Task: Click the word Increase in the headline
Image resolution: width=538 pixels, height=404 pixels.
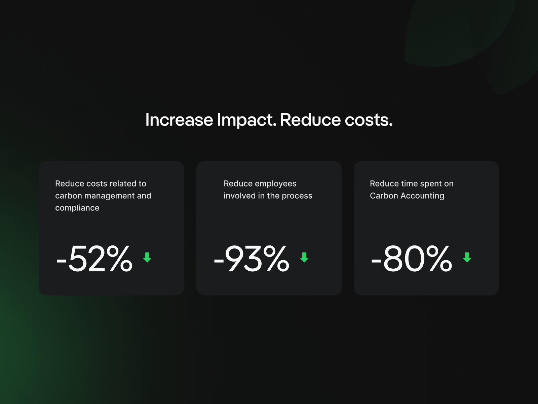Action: [x=179, y=120]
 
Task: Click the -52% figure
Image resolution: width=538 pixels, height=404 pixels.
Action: [x=94, y=259]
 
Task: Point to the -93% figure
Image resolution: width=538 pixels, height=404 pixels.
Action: [x=252, y=259]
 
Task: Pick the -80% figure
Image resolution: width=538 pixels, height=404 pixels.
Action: [x=412, y=259]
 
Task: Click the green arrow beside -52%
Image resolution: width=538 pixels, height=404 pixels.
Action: [x=147, y=257]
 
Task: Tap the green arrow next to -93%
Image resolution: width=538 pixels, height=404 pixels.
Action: [x=304, y=257]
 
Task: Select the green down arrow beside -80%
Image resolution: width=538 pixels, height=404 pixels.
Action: [x=467, y=257]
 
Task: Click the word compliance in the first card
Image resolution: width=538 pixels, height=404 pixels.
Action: [x=77, y=208]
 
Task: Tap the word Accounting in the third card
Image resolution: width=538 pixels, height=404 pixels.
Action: [x=422, y=196]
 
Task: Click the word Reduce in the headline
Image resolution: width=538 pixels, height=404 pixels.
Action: [x=310, y=120]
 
